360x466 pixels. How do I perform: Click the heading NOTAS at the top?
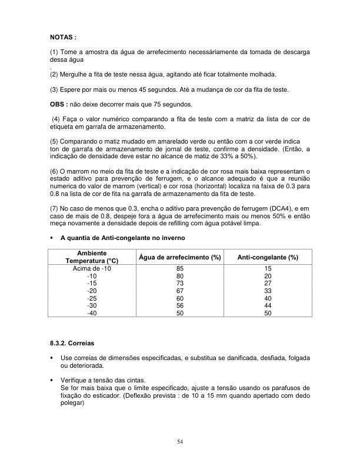click(64, 37)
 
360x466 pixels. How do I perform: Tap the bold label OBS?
click(59, 104)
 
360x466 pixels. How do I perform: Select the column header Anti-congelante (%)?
click(267, 258)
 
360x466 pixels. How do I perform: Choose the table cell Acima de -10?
click(92, 268)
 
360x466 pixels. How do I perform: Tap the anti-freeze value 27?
click(268, 283)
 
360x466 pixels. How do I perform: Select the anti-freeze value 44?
click(268, 306)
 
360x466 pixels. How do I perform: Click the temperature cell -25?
click(92, 298)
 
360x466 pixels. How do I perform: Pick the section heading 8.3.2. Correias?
click(72, 342)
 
